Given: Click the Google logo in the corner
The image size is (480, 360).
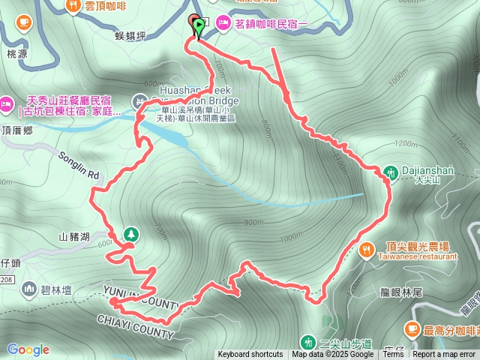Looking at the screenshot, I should point(28,349).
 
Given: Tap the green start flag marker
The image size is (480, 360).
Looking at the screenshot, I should point(199,27).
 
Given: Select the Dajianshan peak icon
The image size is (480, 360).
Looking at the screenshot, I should point(391,172).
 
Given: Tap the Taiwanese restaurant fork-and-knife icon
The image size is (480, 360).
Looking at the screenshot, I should point(366,250).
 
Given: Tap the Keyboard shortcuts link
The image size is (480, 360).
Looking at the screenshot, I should point(250,354).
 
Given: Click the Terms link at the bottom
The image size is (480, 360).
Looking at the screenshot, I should point(393,354).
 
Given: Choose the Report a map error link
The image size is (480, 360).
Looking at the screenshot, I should point(444,354).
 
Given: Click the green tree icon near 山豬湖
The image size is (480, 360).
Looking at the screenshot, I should point(131,234).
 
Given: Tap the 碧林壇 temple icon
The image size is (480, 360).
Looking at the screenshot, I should point(29,288).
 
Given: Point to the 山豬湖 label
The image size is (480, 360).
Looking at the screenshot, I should point(74,237).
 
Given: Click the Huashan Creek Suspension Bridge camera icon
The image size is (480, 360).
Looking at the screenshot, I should point(140,100).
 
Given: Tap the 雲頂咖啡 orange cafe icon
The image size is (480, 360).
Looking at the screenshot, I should point(73,5).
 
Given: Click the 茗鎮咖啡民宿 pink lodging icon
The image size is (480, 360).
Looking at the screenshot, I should point(224,24).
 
